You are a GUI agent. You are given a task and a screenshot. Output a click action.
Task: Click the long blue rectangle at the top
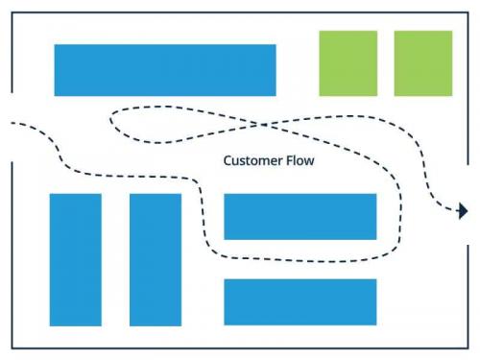[x=165, y=70]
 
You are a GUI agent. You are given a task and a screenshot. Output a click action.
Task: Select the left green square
[x=348, y=63]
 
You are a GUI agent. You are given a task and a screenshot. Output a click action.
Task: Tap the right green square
[x=423, y=63]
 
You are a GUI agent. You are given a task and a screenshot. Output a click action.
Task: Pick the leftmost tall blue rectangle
[x=76, y=259]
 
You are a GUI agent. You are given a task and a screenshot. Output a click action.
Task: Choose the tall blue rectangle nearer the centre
[x=156, y=259]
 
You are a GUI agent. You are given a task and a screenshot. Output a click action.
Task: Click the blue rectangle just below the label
[x=300, y=216]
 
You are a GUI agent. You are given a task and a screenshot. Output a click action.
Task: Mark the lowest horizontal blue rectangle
[x=300, y=301]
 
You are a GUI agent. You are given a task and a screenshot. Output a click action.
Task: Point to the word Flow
[x=299, y=161]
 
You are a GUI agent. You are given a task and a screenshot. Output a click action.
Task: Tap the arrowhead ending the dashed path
[x=463, y=211]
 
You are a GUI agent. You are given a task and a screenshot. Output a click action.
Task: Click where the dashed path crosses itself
[x=265, y=124]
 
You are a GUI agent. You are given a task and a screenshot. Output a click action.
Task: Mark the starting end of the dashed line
[x=12, y=123]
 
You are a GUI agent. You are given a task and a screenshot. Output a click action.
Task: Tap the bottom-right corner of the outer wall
[x=468, y=348]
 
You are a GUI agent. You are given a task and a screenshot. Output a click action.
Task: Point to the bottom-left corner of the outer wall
[x=12, y=348]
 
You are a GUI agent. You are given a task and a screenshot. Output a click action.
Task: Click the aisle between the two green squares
[x=386, y=63]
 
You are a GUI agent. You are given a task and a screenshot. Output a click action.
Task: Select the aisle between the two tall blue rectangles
[x=115, y=259]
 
